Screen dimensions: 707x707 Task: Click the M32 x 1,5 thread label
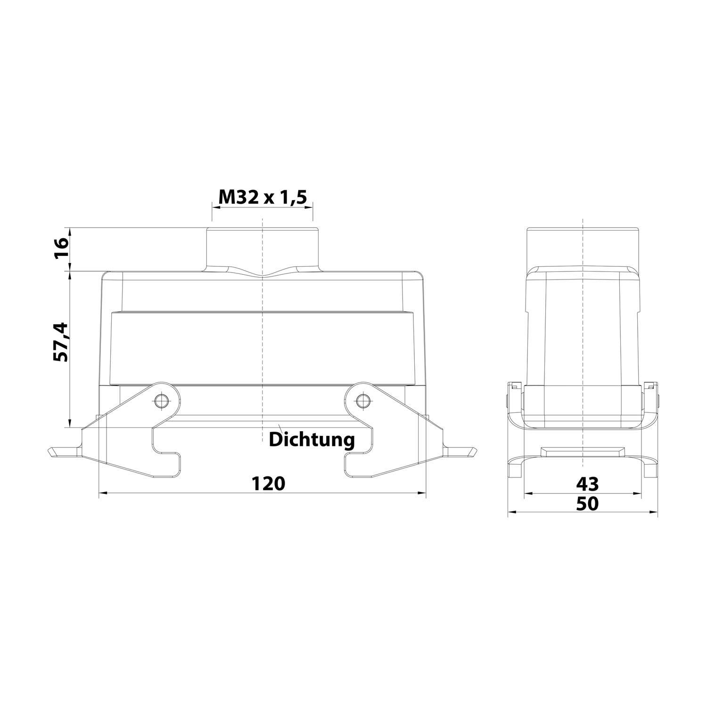pyautogui.click(x=263, y=197)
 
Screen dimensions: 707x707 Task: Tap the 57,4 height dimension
pyautogui.click(x=61, y=342)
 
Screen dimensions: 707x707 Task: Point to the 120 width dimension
pyautogui.click(x=268, y=483)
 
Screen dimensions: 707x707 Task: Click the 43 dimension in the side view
pyautogui.click(x=587, y=484)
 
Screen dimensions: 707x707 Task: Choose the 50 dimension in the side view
pyautogui.click(x=587, y=504)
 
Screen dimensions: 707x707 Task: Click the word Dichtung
pyautogui.click(x=312, y=440)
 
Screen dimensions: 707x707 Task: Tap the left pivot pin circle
pyautogui.click(x=161, y=401)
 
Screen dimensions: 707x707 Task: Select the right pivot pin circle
pyautogui.click(x=362, y=401)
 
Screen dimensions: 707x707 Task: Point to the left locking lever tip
pyautogui.click(x=61, y=452)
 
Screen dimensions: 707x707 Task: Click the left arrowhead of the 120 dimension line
pyautogui.click(x=103, y=493)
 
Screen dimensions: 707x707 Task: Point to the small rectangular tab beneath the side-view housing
pyautogui.click(x=583, y=452)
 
